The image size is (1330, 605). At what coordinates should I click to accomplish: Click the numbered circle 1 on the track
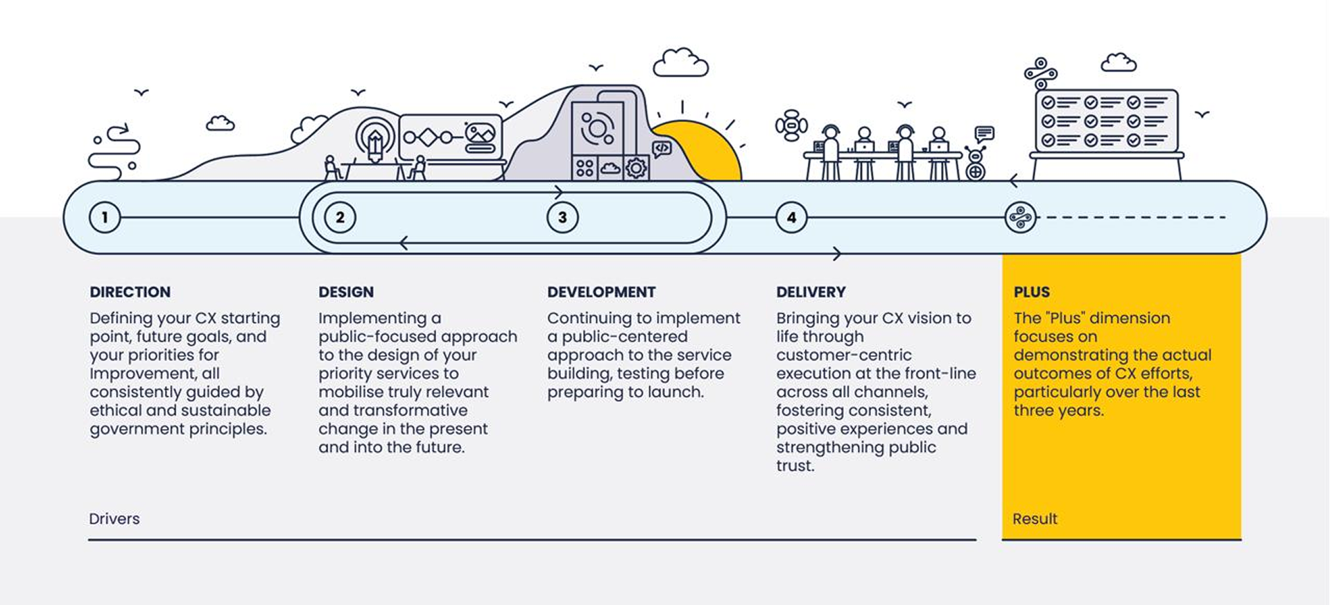point(105,218)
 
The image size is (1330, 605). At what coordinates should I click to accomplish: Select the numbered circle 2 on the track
point(340,218)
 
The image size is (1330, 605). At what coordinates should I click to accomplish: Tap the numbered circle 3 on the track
point(562,218)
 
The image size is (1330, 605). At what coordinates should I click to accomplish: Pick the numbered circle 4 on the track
point(791,218)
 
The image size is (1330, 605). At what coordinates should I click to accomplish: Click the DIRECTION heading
point(130,292)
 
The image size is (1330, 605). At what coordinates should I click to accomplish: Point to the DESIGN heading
point(346,292)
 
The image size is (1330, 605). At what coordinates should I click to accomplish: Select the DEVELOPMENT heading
point(601,292)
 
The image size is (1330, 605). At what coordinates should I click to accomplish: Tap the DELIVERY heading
point(811,292)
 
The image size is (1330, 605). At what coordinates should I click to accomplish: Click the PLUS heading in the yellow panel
point(1032,292)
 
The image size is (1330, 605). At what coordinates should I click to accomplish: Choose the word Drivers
point(114,518)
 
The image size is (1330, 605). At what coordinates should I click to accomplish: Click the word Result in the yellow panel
point(1035,518)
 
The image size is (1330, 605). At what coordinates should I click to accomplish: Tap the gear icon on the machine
point(636,168)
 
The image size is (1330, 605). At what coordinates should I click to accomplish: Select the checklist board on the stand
point(1106,121)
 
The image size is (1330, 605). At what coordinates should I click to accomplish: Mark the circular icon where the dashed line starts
point(1020,218)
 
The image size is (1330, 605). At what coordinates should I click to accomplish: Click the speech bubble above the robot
point(984,133)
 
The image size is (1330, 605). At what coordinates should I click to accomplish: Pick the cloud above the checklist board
point(1119,63)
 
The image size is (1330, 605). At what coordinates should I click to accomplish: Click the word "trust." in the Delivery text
point(795,466)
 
